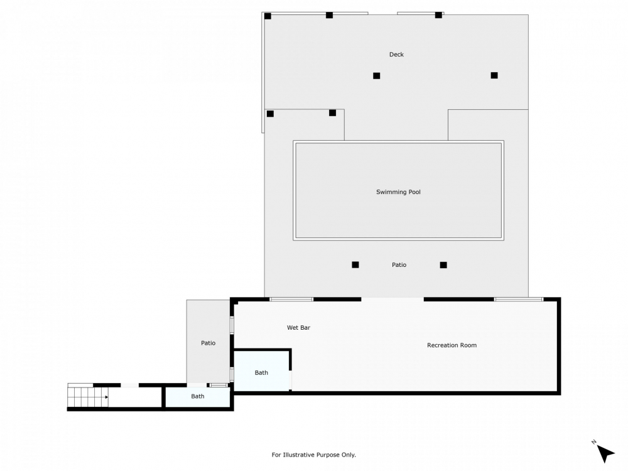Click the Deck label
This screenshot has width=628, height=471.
coord(396,55)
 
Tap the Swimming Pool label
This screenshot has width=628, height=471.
coord(398,192)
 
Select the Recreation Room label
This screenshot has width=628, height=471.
coord(452,345)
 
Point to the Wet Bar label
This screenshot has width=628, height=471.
coord(298,327)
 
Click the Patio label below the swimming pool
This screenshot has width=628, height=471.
coord(399,264)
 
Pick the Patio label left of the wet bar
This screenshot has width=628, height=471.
coord(208,343)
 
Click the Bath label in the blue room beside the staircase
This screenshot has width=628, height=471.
coord(198,396)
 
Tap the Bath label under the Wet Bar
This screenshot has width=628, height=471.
coord(261,372)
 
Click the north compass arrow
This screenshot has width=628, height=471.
coord(605,453)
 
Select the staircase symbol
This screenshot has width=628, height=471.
coord(88,396)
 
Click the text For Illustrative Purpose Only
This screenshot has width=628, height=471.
coord(314,455)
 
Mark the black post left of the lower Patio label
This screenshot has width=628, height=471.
coord(355,264)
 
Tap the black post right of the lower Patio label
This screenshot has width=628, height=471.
coord(443,264)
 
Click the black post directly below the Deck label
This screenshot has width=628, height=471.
coord(377,75)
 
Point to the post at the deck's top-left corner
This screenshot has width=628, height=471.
coord(268,16)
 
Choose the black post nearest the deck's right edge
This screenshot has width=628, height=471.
coord(494,75)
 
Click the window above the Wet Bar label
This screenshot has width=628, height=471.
coord(291,299)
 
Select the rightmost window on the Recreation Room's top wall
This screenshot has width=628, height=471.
coord(518,299)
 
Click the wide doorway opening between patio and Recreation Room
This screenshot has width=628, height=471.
coord(392,299)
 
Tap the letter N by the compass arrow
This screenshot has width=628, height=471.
coord(593,442)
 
